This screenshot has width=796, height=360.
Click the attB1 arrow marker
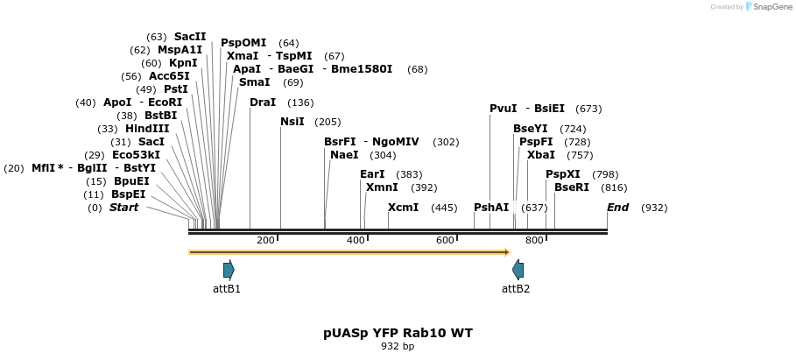pos(229,270)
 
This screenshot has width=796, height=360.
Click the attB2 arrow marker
pos(518,270)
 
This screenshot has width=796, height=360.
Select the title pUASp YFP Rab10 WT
pos(398,333)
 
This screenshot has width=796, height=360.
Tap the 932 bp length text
pos(398,347)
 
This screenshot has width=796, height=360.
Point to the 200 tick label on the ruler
pos(265,241)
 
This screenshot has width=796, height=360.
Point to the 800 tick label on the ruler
pos(534,241)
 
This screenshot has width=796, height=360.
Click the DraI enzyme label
pos(263,102)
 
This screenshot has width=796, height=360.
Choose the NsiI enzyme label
pos(292,122)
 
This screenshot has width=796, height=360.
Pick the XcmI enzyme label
pos(403,208)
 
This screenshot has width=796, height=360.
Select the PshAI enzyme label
pos(491,208)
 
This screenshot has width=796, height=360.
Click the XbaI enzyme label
pos(541,155)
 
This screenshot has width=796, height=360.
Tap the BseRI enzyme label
pos(572,187)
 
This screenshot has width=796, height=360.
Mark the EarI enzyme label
pos(372,174)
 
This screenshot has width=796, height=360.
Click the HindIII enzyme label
pos(147,129)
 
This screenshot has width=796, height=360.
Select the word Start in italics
pos(123,208)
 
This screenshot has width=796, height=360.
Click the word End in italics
pos(617,208)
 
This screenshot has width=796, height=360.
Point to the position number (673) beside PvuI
pos(588,109)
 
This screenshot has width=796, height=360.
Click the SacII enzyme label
pos(190,37)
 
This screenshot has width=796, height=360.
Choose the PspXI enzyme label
pos(563,174)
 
